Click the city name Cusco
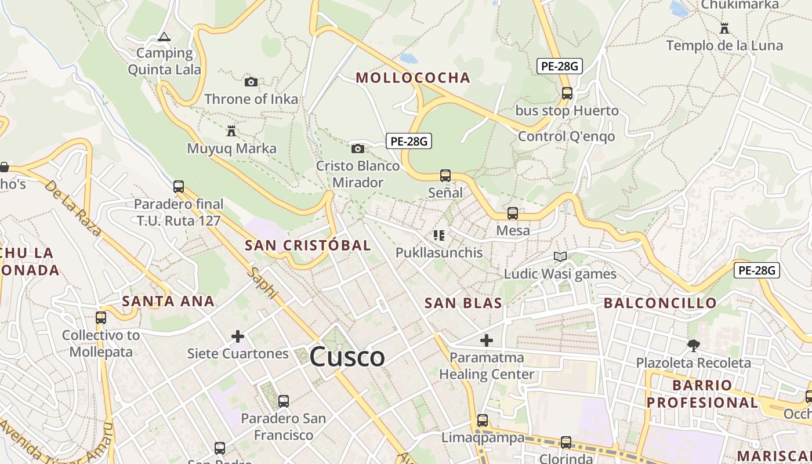coord(347,356)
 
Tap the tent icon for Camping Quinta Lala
coord(164,37)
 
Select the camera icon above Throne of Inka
coord(251,82)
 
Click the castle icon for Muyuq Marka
coord(231,130)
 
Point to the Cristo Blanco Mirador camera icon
coord(358,148)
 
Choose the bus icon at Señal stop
coord(445,175)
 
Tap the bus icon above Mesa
coord(513,213)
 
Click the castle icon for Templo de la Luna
coord(724,27)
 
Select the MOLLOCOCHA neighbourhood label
coord(412,78)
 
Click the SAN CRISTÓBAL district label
coord(307,245)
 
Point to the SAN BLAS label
coord(463,303)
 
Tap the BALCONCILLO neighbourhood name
coord(660,303)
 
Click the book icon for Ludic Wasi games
coord(560,256)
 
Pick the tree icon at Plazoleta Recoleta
coord(693,346)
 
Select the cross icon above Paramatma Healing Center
coord(487,340)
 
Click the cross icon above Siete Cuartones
coord(238,336)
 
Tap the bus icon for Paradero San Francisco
coord(284,401)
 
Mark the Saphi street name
coord(263,282)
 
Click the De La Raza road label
coord(73,208)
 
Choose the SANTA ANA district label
coord(168,301)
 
